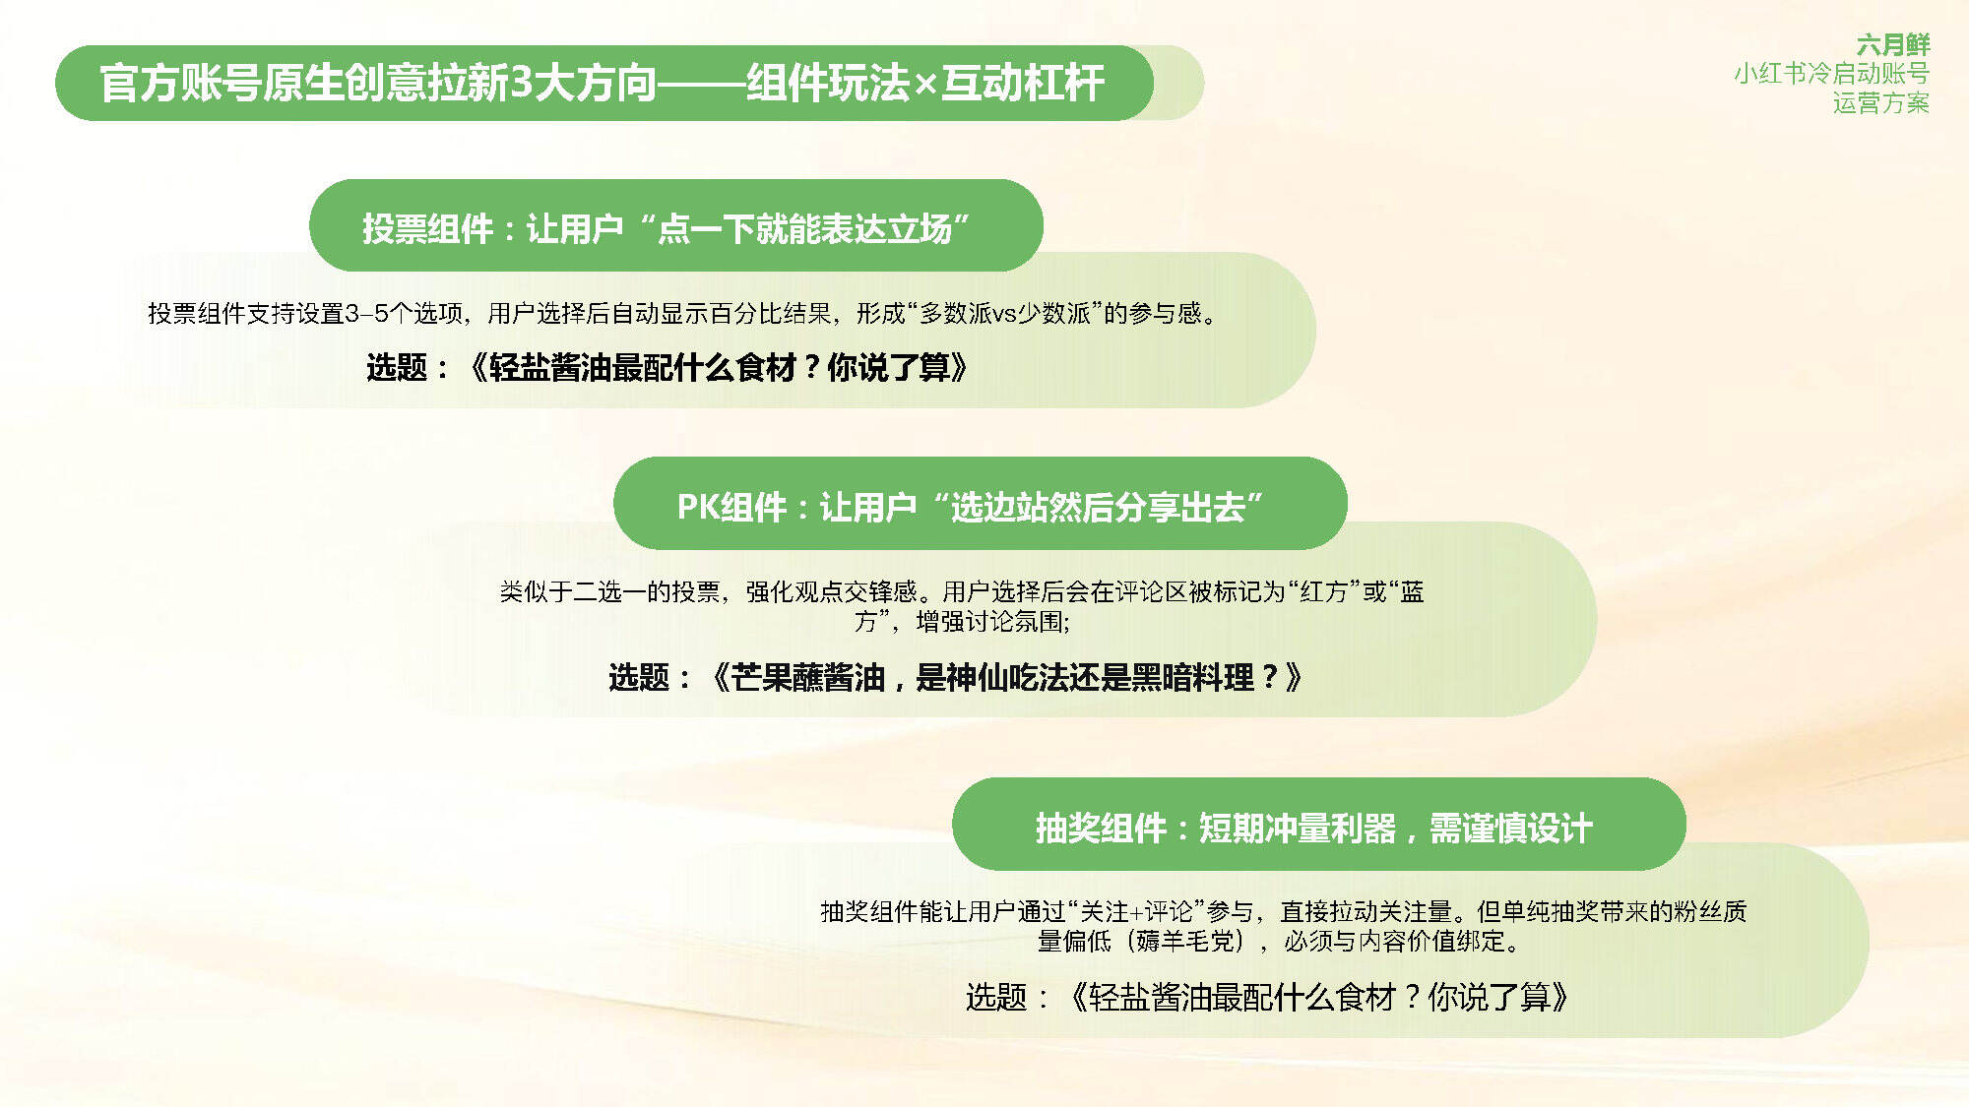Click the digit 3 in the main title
coord(522,84)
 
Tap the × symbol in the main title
coord(925,86)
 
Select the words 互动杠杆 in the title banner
coord(1023,84)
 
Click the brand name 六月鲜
coord(1892,44)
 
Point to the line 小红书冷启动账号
coord(1831,74)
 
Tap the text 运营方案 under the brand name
coord(1880,103)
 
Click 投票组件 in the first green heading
coord(427,229)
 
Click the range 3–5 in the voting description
coord(367,314)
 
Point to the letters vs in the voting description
coord(1004,314)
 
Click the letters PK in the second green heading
coord(698,508)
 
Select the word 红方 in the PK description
coord(1324,591)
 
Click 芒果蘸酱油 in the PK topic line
coord(808,678)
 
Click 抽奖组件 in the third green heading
coord(1101,829)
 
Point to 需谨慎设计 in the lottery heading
coord(1510,829)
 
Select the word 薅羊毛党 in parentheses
coord(1185,942)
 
